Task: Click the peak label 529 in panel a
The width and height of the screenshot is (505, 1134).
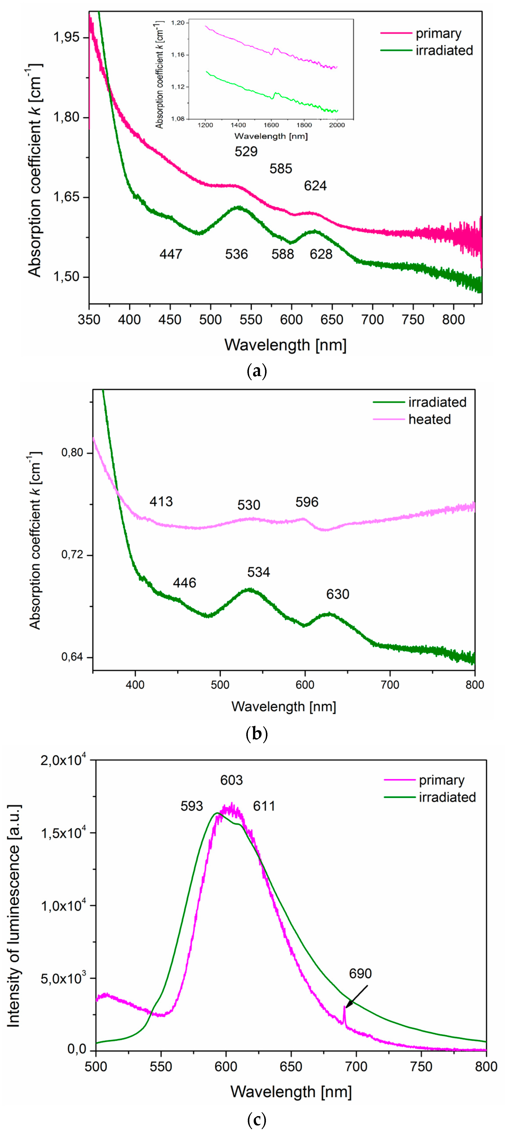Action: coord(246,151)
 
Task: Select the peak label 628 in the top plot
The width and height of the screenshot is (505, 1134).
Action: coord(321,254)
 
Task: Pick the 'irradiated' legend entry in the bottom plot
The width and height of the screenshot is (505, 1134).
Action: coord(447,797)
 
